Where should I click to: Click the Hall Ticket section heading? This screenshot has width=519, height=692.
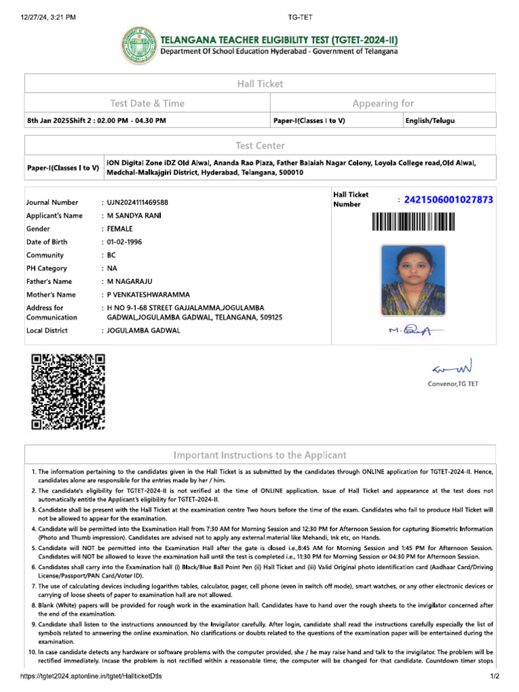point(260,84)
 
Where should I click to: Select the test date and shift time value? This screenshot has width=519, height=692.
point(96,120)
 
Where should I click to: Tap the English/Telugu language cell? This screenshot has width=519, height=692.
point(430,120)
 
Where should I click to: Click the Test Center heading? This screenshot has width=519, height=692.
point(260,145)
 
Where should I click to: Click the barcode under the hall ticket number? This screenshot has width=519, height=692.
point(412,222)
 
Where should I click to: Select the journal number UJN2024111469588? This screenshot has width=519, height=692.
point(138,203)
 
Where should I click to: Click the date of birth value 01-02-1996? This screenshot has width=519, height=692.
point(124,242)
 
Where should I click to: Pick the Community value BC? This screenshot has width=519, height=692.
point(112,255)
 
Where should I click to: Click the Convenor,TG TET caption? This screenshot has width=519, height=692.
point(452,384)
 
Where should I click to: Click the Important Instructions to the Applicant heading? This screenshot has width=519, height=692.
point(260,455)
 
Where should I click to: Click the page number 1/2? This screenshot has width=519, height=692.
point(493,676)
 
